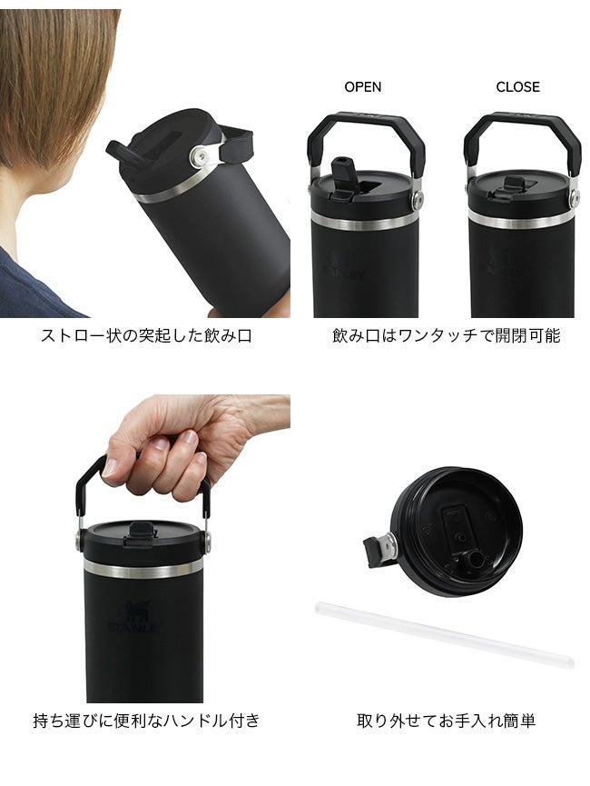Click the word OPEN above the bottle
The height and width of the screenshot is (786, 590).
(362, 86)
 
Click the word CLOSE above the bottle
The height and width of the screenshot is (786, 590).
(518, 86)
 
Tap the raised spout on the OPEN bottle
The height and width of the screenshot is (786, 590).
(343, 173)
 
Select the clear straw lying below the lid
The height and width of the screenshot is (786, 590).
(445, 635)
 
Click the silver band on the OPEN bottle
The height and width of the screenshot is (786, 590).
(366, 221)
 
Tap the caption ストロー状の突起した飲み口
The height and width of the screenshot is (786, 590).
(146, 335)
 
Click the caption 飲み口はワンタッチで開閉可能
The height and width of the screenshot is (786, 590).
(447, 335)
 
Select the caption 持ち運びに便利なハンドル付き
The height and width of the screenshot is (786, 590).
(146, 721)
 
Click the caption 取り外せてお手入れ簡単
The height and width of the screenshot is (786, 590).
(447, 721)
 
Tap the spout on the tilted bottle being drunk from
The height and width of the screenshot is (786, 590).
(123, 153)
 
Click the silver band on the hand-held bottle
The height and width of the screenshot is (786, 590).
(143, 570)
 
